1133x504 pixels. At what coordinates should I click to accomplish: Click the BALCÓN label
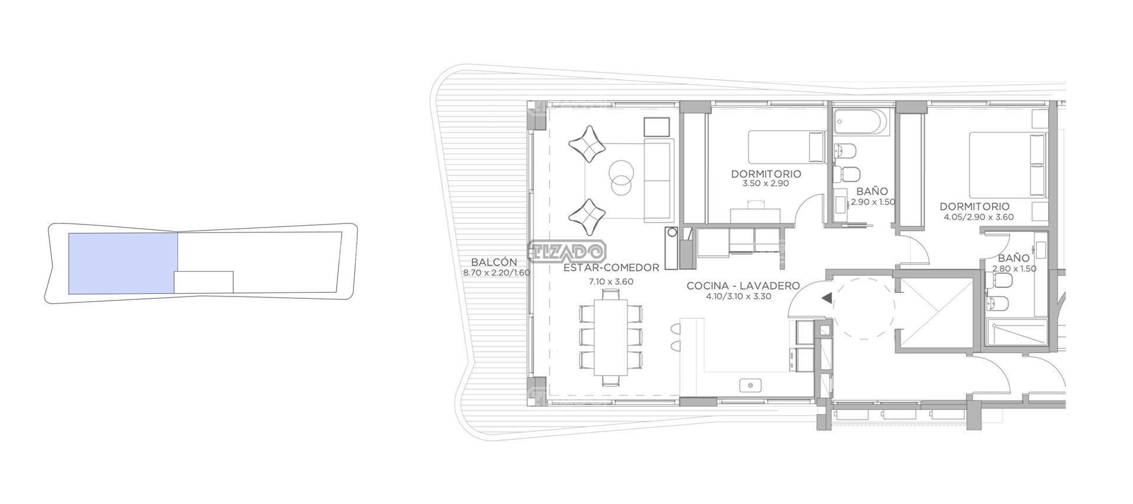(494, 262)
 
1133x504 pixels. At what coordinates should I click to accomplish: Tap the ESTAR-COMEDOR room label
(611, 268)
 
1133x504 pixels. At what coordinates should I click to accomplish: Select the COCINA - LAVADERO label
(743, 286)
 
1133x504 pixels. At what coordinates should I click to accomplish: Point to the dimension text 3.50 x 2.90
(766, 183)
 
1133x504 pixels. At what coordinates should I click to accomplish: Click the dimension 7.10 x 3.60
(611, 282)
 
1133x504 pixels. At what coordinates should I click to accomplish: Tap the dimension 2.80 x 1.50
(1014, 269)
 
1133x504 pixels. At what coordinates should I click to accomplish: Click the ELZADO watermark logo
(566, 252)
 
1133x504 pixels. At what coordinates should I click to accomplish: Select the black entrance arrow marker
(827, 298)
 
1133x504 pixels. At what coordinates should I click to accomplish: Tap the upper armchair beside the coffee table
(588, 143)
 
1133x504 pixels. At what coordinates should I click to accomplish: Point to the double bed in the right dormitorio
(1008, 165)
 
